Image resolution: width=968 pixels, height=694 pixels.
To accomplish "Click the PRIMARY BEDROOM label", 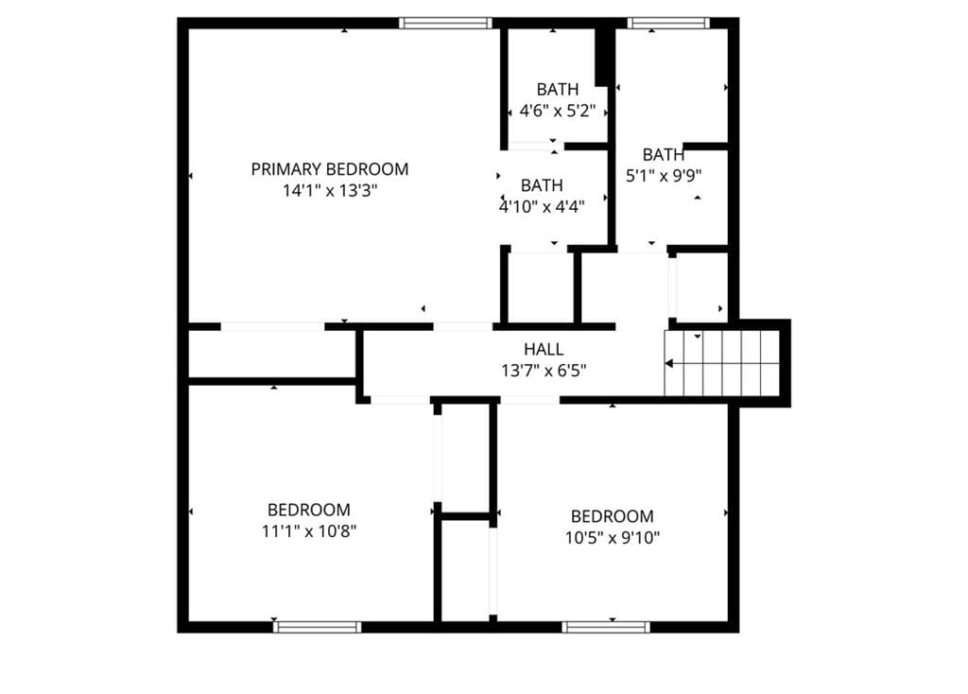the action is (x=330, y=169).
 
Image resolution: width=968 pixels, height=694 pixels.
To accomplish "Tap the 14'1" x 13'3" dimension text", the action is (x=330, y=191).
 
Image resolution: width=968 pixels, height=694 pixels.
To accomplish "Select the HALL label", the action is (x=544, y=350).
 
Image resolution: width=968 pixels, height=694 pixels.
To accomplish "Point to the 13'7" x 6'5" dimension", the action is (x=544, y=371).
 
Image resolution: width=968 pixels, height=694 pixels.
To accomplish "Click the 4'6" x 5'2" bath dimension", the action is (x=558, y=112).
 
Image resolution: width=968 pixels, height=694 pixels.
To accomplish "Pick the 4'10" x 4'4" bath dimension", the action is (x=542, y=206).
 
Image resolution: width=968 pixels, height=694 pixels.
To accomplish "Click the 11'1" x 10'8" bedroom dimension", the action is (x=309, y=531).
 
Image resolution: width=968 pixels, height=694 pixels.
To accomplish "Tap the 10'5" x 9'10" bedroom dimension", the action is (x=613, y=538).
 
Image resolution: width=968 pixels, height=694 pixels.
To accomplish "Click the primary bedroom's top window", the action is (x=445, y=24).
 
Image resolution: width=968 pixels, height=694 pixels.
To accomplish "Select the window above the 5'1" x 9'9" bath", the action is (x=668, y=24).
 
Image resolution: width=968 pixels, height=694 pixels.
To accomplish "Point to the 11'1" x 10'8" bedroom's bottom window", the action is (x=318, y=627).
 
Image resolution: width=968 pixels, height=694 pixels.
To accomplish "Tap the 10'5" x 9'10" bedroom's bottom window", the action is (x=606, y=627).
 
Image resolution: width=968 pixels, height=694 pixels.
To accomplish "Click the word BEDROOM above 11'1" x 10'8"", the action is (x=309, y=510).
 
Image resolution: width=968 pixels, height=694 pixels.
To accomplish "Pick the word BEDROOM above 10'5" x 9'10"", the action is (x=613, y=516).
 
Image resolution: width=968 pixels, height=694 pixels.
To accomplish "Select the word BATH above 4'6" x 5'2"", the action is (x=558, y=90).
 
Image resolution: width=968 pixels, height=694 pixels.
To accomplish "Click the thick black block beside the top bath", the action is (x=604, y=57).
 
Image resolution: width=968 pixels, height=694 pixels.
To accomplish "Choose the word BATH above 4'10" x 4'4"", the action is (x=542, y=185).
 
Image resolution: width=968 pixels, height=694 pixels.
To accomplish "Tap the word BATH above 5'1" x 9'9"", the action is (x=664, y=154).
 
